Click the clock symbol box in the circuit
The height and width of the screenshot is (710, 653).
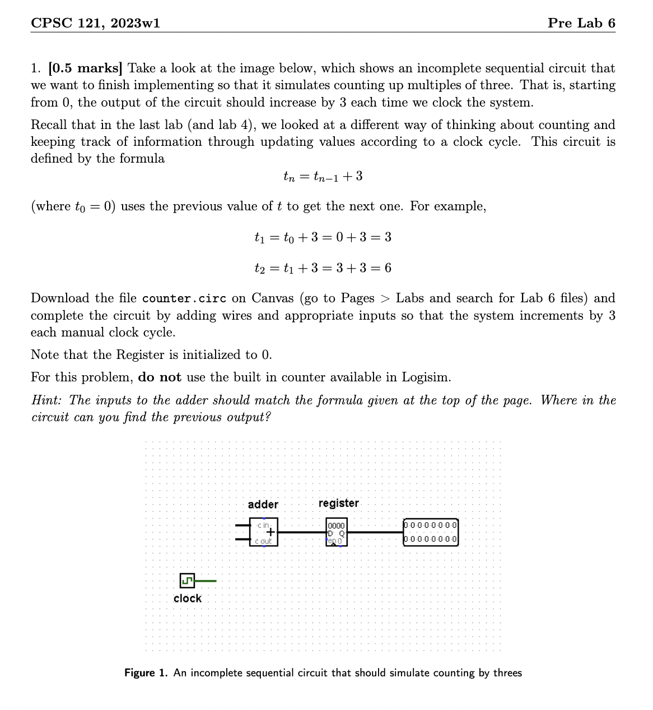pos(187,581)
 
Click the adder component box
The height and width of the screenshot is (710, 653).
pos(263,533)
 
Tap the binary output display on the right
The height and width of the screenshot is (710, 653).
pos(430,532)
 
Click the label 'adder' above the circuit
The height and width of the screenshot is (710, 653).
pos(263,505)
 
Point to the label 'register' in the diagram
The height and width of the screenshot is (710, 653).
pos(338,503)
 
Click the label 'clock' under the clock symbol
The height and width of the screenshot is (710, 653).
pos(187,598)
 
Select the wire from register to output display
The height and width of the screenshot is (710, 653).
pos(375,532)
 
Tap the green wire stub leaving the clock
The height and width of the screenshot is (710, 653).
pos(206,581)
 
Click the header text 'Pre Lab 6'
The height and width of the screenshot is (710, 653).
pos(581,23)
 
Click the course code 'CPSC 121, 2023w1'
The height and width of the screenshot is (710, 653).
pos(95,23)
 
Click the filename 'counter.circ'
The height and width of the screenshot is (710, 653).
pos(184,298)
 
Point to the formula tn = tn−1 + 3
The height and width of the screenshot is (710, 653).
pos(323,177)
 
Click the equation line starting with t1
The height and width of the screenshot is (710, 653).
pos(323,237)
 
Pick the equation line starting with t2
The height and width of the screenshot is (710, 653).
pos(323,268)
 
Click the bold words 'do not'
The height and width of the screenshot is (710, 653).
pos(159,377)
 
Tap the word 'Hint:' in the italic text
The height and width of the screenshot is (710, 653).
pos(48,400)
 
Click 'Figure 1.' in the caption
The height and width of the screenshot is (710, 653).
pos(146,673)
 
